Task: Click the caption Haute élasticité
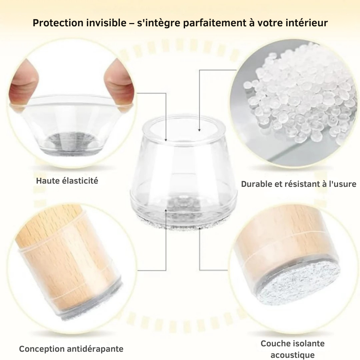[67, 180]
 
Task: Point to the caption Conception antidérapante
[71, 348]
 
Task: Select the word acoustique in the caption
[292, 355]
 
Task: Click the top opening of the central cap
[184, 128]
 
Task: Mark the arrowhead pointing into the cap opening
[199, 130]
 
